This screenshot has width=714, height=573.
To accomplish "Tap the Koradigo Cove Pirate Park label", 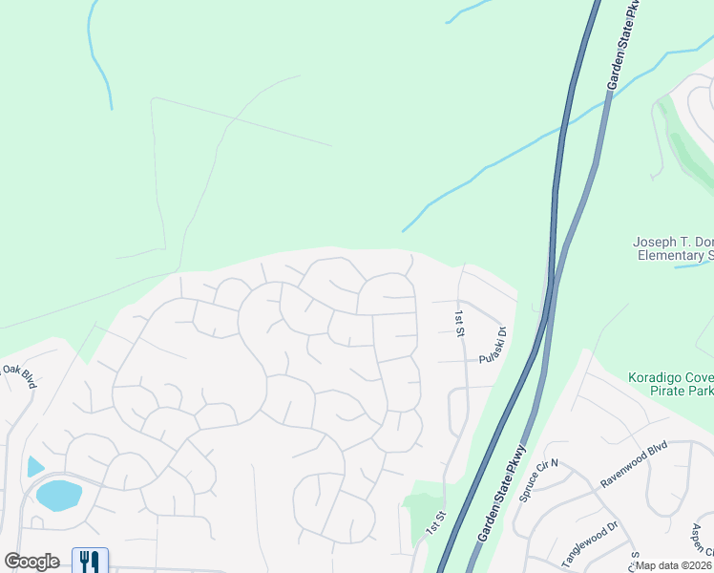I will [x=670, y=385].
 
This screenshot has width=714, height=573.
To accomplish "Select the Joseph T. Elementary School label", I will [x=673, y=248].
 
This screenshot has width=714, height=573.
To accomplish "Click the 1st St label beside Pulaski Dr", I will [x=459, y=323].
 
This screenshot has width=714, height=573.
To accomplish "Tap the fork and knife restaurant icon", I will [x=91, y=561].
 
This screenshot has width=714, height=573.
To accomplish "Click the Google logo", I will [x=31, y=562].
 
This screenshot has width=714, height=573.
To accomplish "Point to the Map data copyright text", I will [x=674, y=565].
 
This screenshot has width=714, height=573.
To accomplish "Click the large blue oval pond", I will [x=58, y=495].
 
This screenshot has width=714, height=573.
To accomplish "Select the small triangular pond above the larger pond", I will [x=34, y=466].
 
